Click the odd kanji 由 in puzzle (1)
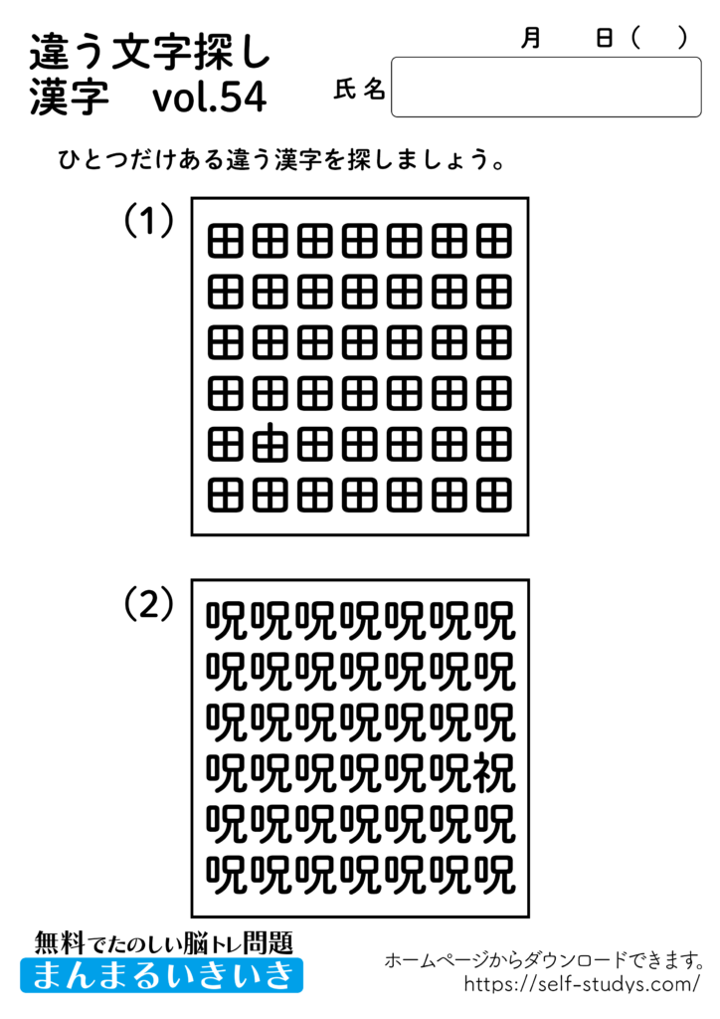(269, 443)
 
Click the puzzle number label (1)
(148, 221)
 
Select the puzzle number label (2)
(148, 603)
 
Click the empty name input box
(546, 88)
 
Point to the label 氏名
(359, 90)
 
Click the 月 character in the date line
(531, 38)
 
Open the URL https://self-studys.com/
(583, 984)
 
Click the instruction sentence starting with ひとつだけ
(279, 160)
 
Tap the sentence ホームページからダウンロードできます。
(545, 960)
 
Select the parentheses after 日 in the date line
(659, 38)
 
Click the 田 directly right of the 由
(314, 443)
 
